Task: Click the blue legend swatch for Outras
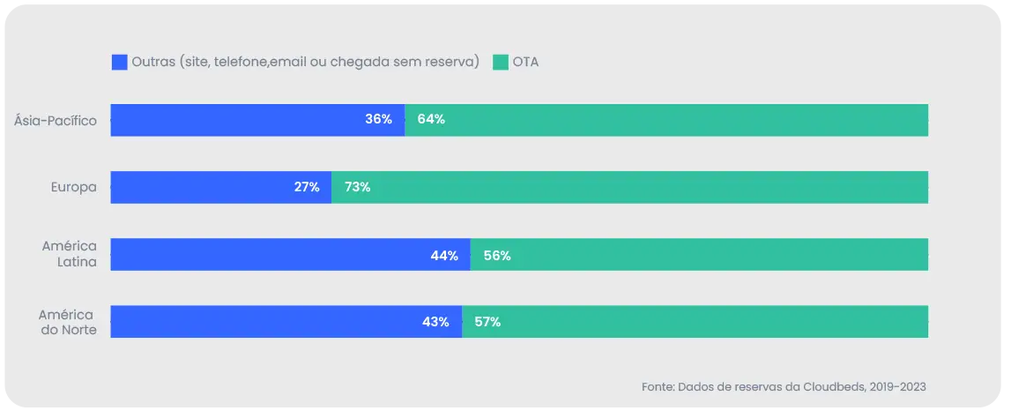[x=119, y=63]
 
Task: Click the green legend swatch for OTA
[x=501, y=63]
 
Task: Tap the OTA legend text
[x=525, y=63]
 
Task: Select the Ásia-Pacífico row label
[x=56, y=120]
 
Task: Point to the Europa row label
[x=73, y=187]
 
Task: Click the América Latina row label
[x=69, y=254]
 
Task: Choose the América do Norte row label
[x=67, y=322]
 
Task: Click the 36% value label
[x=378, y=120]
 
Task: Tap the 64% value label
[x=431, y=120]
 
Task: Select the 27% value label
[x=306, y=187]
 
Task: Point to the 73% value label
[x=357, y=187]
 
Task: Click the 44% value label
[x=443, y=256]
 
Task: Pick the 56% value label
[x=497, y=256]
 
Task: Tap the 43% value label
[x=435, y=322]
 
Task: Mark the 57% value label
[x=487, y=322]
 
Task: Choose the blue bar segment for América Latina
[x=264, y=254]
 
